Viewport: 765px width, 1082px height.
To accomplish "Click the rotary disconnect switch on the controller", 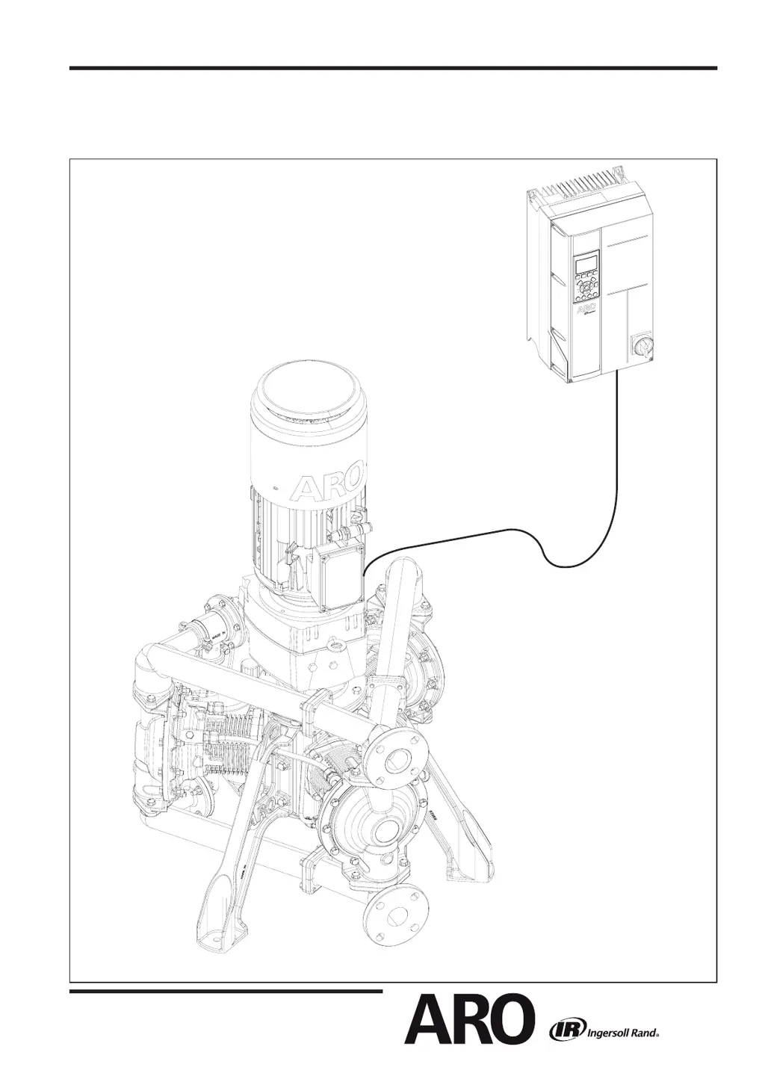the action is (x=642, y=344).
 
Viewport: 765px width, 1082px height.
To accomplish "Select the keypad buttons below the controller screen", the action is (x=586, y=288).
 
